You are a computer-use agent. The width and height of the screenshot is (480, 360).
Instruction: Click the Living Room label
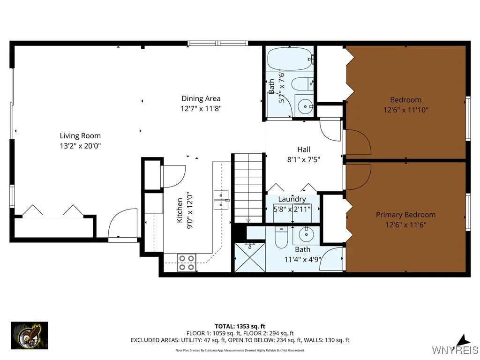pyautogui.click(x=80, y=136)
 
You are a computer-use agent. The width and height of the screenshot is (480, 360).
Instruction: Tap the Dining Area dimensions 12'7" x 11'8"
pyautogui.click(x=201, y=108)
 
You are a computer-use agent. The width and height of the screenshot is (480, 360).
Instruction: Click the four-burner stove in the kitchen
pyautogui.click(x=187, y=262)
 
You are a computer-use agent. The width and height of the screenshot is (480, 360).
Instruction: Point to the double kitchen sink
pyautogui.click(x=221, y=200)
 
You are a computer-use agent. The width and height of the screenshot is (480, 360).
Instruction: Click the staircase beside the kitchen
pyautogui.click(x=248, y=187)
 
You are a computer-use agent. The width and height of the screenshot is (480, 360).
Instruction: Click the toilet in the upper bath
pyautogui.click(x=300, y=84)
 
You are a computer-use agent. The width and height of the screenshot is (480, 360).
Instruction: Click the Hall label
pyautogui.click(x=304, y=150)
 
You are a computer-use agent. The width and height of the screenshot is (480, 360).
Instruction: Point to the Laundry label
pyautogui.click(x=292, y=199)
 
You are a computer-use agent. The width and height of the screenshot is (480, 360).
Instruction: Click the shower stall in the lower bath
pyautogui.click(x=249, y=256)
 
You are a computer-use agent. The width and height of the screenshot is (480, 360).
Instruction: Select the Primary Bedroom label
pyautogui.click(x=405, y=215)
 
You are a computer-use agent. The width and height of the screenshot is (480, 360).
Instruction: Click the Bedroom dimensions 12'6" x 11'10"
pyautogui.click(x=405, y=110)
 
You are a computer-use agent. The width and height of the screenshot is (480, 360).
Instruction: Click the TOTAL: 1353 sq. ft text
pyautogui.click(x=240, y=326)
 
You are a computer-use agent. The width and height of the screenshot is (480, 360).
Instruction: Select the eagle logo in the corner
pyautogui.click(x=29, y=336)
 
